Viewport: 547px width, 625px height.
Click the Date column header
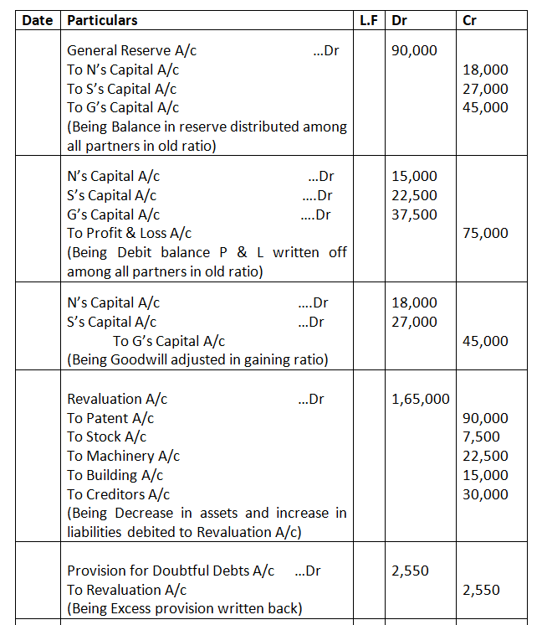point(37,19)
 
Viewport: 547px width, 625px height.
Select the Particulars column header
point(102,19)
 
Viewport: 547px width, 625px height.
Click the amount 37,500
point(414,214)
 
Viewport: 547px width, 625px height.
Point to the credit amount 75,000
point(485,233)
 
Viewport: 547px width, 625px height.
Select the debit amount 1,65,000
point(420,400)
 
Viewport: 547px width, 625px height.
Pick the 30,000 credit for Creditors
point(485,494)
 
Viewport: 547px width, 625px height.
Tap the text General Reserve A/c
point(131,51)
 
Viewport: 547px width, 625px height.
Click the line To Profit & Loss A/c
point(130,233)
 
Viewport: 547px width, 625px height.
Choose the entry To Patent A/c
point(110,418)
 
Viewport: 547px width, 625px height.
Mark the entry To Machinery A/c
point(123,456)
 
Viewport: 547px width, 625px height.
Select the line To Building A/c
point(115,475)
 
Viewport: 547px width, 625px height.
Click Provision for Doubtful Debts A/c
point(171,571)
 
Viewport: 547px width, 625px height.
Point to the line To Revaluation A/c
point(126,590)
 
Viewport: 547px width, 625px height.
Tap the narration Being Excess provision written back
point(184,608)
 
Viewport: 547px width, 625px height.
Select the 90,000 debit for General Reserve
point(414,51)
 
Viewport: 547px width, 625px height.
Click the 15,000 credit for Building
point(485,475)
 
